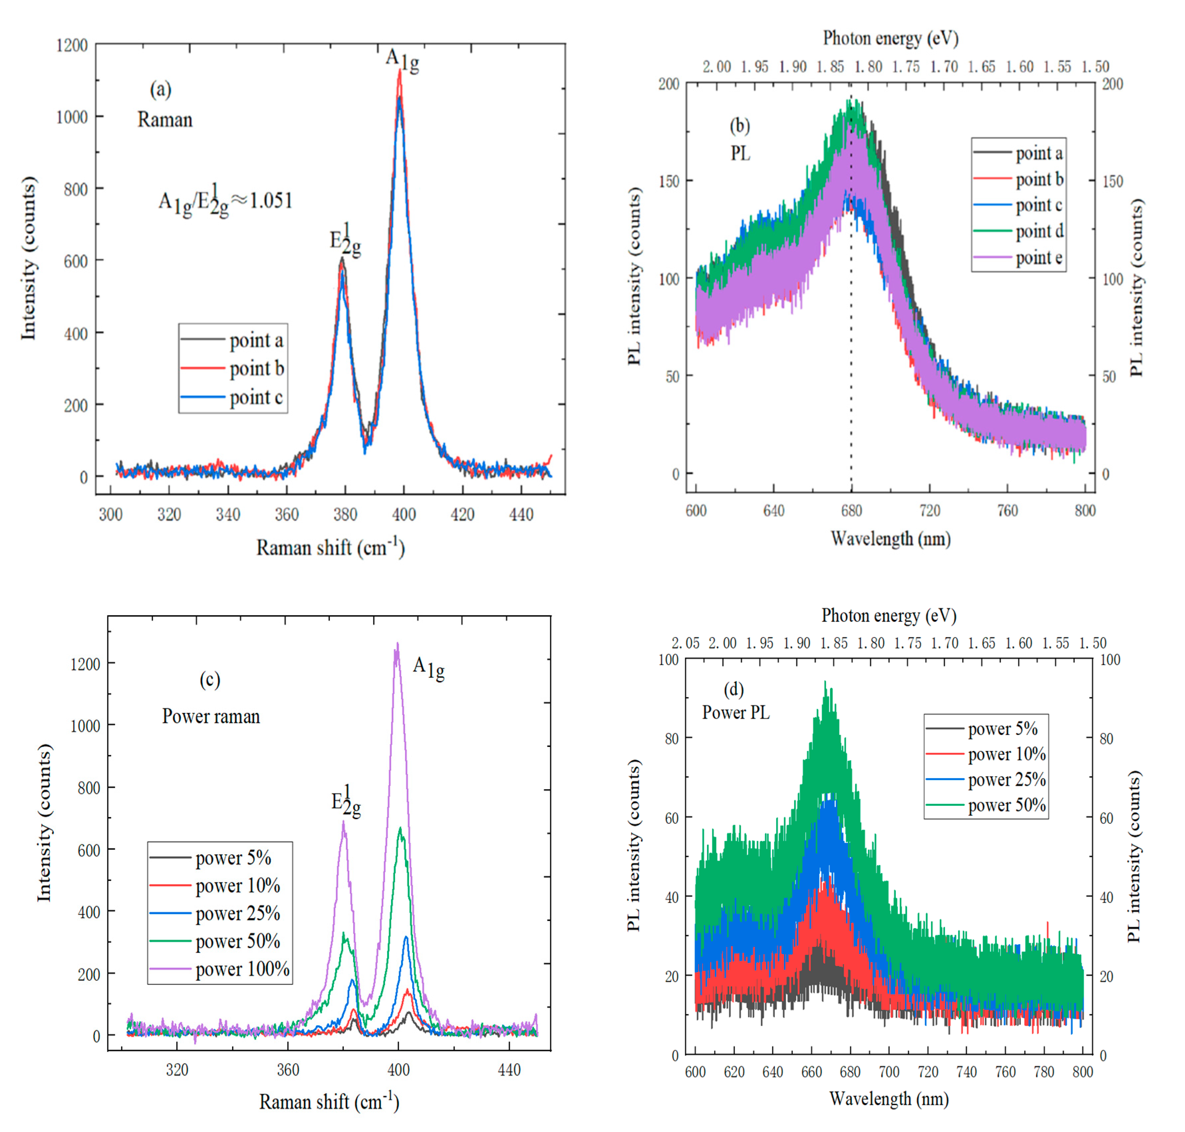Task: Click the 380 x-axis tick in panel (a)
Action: pos(345,515)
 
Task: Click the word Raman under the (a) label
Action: pos(165,119)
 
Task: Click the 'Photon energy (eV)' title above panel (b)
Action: pos(890,38)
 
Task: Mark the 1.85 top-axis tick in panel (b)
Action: pos(830,67)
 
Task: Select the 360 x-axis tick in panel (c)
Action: pos(288,1070)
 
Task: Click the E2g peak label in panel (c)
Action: pos(346,801)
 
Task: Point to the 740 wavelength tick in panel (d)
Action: pos(966,1072)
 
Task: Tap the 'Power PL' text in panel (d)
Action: pos(735,713)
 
